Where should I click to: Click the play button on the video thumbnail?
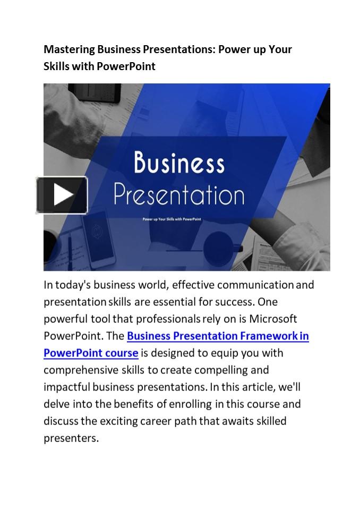click(62, 195)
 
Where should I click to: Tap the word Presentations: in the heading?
click(180, 49)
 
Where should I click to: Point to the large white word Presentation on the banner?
click(179, 194)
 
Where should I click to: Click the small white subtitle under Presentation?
click(179, 219)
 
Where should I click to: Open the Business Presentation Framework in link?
click(218, 336)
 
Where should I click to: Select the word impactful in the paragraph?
click(67, 387)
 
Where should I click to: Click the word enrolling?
click(191, 404)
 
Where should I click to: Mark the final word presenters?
click(71, 438)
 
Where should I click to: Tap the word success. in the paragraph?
click(235, 302)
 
